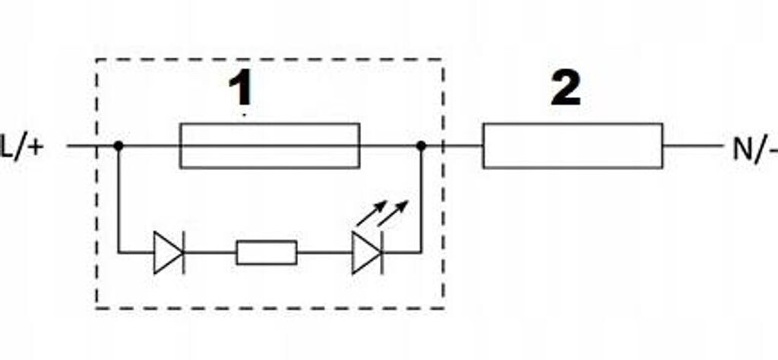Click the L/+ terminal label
23,147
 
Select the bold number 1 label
241,90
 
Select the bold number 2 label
566,89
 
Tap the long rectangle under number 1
269,145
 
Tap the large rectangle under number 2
572,145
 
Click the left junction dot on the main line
118,145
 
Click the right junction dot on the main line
421,145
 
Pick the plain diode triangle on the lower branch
166,252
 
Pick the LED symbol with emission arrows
366,252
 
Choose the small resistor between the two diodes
266,252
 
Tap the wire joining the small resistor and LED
324,252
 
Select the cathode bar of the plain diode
183,252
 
